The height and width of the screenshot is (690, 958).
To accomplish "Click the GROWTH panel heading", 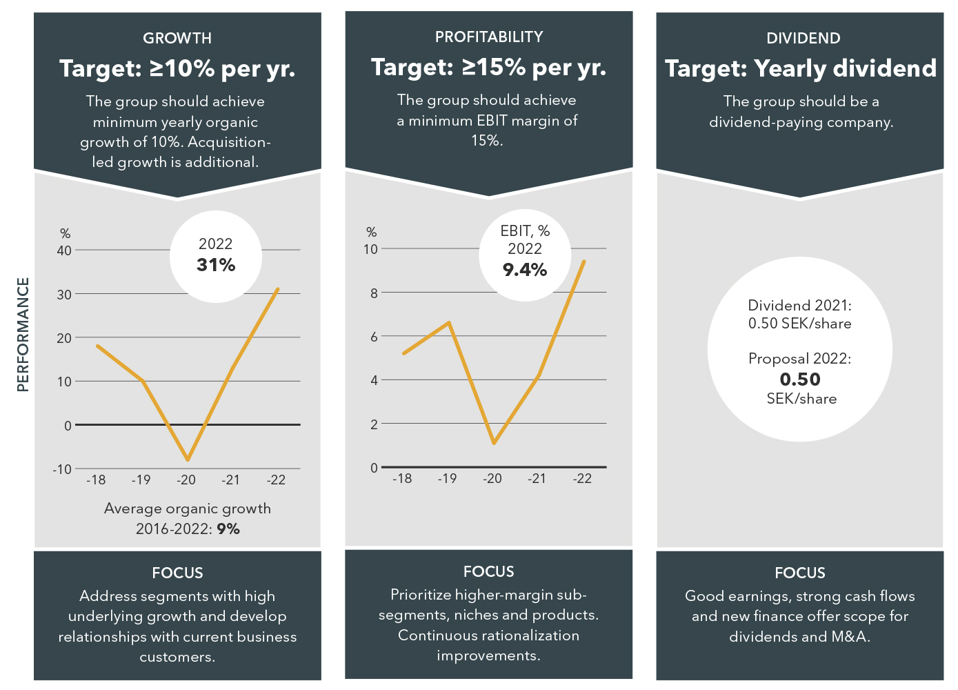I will coord(177,39).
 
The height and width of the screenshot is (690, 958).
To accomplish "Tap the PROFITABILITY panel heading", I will coord(489,37).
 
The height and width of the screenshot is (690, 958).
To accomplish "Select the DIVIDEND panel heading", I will coord(803,39).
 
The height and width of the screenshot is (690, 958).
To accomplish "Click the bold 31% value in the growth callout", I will coord(216,265).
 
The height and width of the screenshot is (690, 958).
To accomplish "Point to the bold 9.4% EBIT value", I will coord(525,270).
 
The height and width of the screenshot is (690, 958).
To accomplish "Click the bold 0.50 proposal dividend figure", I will coord(800,379).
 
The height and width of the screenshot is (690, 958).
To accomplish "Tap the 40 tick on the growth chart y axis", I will coord(64,250).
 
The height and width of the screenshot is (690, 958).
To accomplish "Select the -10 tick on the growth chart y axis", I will coord(62,469).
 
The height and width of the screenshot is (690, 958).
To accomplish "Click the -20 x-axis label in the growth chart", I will coord(186,480).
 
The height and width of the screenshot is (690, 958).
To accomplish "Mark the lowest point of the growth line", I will coord(187,460).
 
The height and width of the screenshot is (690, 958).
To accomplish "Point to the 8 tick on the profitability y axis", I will coord(374,293).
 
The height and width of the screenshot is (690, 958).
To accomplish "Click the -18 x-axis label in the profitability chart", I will coord(402,478).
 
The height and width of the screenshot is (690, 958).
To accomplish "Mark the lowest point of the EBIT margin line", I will coord(494,443).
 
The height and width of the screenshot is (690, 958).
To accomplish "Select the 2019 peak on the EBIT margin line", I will coord(449,322).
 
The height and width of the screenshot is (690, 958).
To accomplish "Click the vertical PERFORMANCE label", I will coord(23,335).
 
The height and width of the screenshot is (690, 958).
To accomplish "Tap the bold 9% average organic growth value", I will coord(228,529).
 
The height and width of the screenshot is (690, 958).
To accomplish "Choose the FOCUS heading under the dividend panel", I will coord(800,573).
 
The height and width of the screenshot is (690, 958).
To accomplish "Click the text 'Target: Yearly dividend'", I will coord(801,68).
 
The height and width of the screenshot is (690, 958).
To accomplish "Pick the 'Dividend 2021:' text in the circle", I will coord(800,306).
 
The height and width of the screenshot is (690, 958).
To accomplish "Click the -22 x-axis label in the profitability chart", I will coord(583,478).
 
